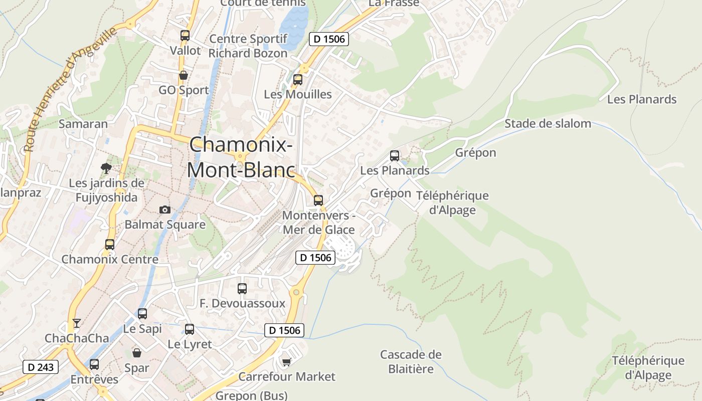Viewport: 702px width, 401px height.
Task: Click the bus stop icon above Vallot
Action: pos(185,36)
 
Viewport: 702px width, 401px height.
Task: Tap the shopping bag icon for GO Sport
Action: pos(184,75)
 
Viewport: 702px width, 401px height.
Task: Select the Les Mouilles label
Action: pos(298,94)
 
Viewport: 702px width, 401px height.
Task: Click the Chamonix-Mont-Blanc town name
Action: pos(241,157)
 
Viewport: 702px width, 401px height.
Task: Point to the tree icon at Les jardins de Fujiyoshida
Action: pos(106,168)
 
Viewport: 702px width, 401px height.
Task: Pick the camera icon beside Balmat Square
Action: pos(164,210)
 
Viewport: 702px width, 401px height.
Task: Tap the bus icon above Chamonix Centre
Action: pos(110,245)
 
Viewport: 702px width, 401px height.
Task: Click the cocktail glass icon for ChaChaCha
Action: pos(76,323)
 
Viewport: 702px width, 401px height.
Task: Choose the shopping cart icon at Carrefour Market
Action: pos(286,362)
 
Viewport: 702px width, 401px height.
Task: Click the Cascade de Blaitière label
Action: pos(411,362)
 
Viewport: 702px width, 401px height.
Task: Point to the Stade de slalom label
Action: pos(548,123)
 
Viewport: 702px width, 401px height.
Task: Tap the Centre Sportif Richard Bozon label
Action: pos(248,46)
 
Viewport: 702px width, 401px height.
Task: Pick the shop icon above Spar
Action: pos(136,353)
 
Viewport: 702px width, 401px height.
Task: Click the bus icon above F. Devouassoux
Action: pos(242,289)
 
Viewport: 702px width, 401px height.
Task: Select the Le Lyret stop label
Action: pos(190,344)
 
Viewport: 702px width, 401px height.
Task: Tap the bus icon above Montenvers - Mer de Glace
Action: pos(318,200)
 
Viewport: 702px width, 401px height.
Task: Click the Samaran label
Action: pos(83,124)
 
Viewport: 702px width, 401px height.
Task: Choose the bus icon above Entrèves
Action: pos(94,364)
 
